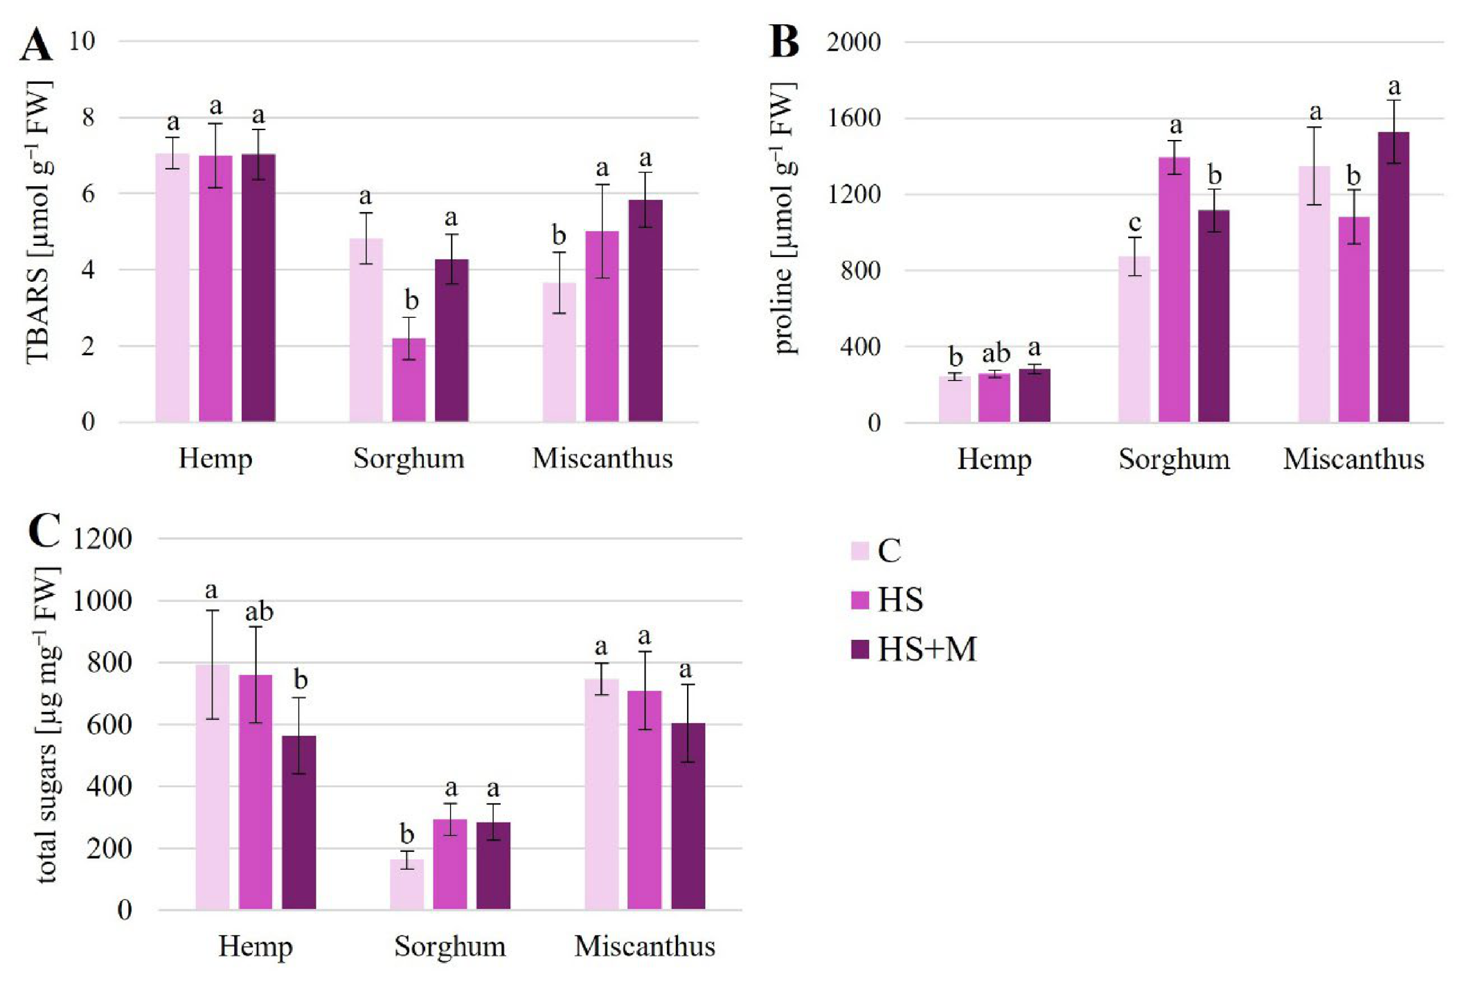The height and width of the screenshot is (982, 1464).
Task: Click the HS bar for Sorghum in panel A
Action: (x=409, y=380)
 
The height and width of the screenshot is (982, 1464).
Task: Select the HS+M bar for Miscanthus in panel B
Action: (x=1393, y=277)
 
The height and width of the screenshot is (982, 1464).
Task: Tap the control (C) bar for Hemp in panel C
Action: (x=213, y=787)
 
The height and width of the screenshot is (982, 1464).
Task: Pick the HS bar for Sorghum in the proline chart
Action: (x=1174, y=289)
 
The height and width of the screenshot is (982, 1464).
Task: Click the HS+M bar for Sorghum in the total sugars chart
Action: (x=493, y=866)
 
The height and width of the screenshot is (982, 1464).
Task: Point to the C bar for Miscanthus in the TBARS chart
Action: (x=559, y=352)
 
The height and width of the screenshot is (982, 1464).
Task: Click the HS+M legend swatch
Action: (x=859, y=649)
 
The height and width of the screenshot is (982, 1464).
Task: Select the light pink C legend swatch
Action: (x=859, y=551)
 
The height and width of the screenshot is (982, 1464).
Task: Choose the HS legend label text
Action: (x=900, y=600)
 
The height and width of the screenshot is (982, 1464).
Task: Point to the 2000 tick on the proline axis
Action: (x=853, y=42)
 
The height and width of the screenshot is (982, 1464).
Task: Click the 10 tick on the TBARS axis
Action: (x=82, y=41)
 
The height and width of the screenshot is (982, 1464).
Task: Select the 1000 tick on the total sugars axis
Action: (x=102, y=600)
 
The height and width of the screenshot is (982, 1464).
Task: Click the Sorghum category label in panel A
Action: (x=409, y=459)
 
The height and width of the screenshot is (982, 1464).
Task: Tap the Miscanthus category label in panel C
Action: (x=645, y=947)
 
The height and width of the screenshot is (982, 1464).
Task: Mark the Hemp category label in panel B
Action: (x=994, y=460)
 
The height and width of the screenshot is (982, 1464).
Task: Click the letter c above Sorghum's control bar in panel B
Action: (x=1134, y=224)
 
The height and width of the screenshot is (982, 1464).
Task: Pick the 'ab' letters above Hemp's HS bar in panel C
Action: (x=259, y=611)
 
